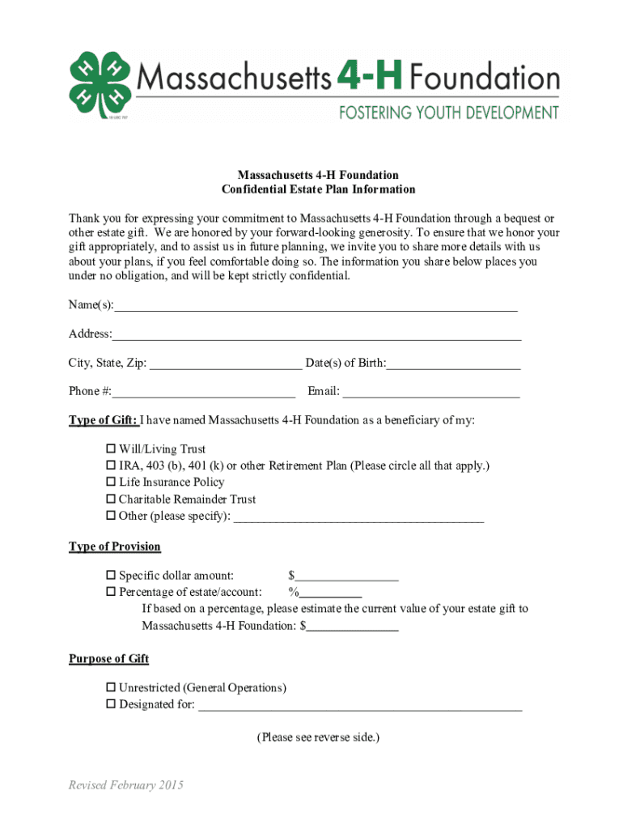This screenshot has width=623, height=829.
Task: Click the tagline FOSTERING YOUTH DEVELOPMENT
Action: click(x=447, y=112)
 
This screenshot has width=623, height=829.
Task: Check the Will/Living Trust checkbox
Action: click(x=112, y=449)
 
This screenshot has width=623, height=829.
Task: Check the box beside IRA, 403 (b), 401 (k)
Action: click(x=112, y=466)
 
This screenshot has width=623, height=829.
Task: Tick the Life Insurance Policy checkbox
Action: click(x=112, y=483)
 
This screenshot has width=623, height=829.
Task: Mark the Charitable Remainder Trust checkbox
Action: click(x=112, y=500)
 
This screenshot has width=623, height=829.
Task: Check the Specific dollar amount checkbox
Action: click(x=112, y=576)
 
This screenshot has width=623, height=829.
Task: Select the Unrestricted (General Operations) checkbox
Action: click(x=112, y=688)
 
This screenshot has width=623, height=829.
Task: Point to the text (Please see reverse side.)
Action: click(x=318, y=738)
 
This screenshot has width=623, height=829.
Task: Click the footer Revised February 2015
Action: click(x=126, y=785)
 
